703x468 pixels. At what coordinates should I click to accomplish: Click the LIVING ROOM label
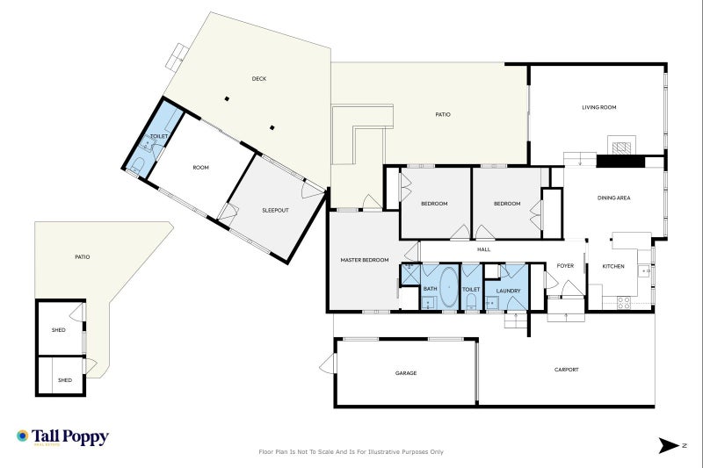point(599,107)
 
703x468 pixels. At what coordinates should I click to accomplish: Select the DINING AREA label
point(613,198)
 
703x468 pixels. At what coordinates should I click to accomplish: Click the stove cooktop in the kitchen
point(624,302)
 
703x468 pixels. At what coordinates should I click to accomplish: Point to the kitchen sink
point(644,271)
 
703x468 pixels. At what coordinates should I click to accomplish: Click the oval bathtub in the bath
point(448,287)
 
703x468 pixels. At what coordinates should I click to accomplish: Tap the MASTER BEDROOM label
point(365,260)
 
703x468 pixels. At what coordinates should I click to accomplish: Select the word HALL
point(484,249)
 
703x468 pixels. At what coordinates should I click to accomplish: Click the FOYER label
point(565,266)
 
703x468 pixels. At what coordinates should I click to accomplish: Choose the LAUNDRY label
point(509,292)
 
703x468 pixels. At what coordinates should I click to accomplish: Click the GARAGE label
point(406,373)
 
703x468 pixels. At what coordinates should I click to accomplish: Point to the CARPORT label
point(566,370)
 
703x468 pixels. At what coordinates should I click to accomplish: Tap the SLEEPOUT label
point(275,211)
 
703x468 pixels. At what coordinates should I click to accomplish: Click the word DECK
point(259,79)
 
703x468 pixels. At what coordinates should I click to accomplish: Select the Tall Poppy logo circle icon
point(23,436)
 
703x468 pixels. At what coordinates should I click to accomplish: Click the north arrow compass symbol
point(669,445)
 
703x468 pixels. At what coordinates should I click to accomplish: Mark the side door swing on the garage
point(328,364)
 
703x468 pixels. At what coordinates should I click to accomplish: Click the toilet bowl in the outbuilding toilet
point(138,165)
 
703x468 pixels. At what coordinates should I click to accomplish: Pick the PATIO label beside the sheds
point(82,257)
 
